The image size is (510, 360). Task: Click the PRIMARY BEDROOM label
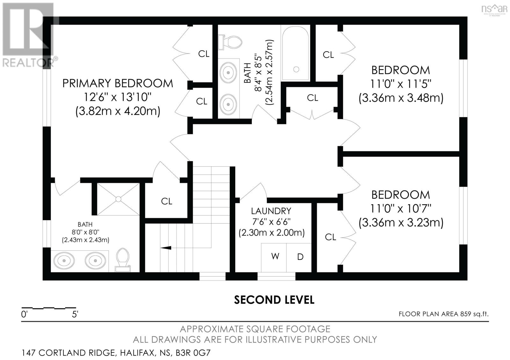pyautogui.click(x=118, y=83)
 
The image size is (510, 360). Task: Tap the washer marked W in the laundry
pyautogui.click(x=274, y=257)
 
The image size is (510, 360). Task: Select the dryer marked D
pyautogui.click(x=299, y=257)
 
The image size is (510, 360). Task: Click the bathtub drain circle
pyautogui.click(x=296, y=69)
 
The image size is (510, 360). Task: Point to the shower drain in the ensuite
pyautogui.click(x=118, y=199)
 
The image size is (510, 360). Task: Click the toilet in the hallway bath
pyautogui.click(x=230, y=42)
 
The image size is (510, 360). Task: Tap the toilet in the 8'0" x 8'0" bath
pyautogui.click(x=123, y=260)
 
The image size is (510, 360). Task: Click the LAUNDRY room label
pyautogui.click(x=271, y=211)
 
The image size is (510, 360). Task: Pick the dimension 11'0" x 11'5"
pyautogui.click(x=401, y=84)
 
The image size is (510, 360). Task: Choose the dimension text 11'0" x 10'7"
pyautogui.click(x=401, y=209)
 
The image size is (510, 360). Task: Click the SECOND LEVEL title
pyautogui.click(x=274, y=300)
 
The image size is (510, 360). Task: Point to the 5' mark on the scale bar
pyautogui.click(x=75, y=314)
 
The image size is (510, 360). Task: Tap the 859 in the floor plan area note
pyautogui.click(x=466, y=314)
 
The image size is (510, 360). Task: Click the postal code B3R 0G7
pyautogui.click(x=193, y=353)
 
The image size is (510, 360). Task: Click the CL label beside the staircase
pyautogui.click(x=166, y=201)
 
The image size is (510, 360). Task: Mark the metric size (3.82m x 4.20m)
pyautogui.click(x=118, y=112)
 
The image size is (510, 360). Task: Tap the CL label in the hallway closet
pyautogui.click(x=312, y=98)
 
